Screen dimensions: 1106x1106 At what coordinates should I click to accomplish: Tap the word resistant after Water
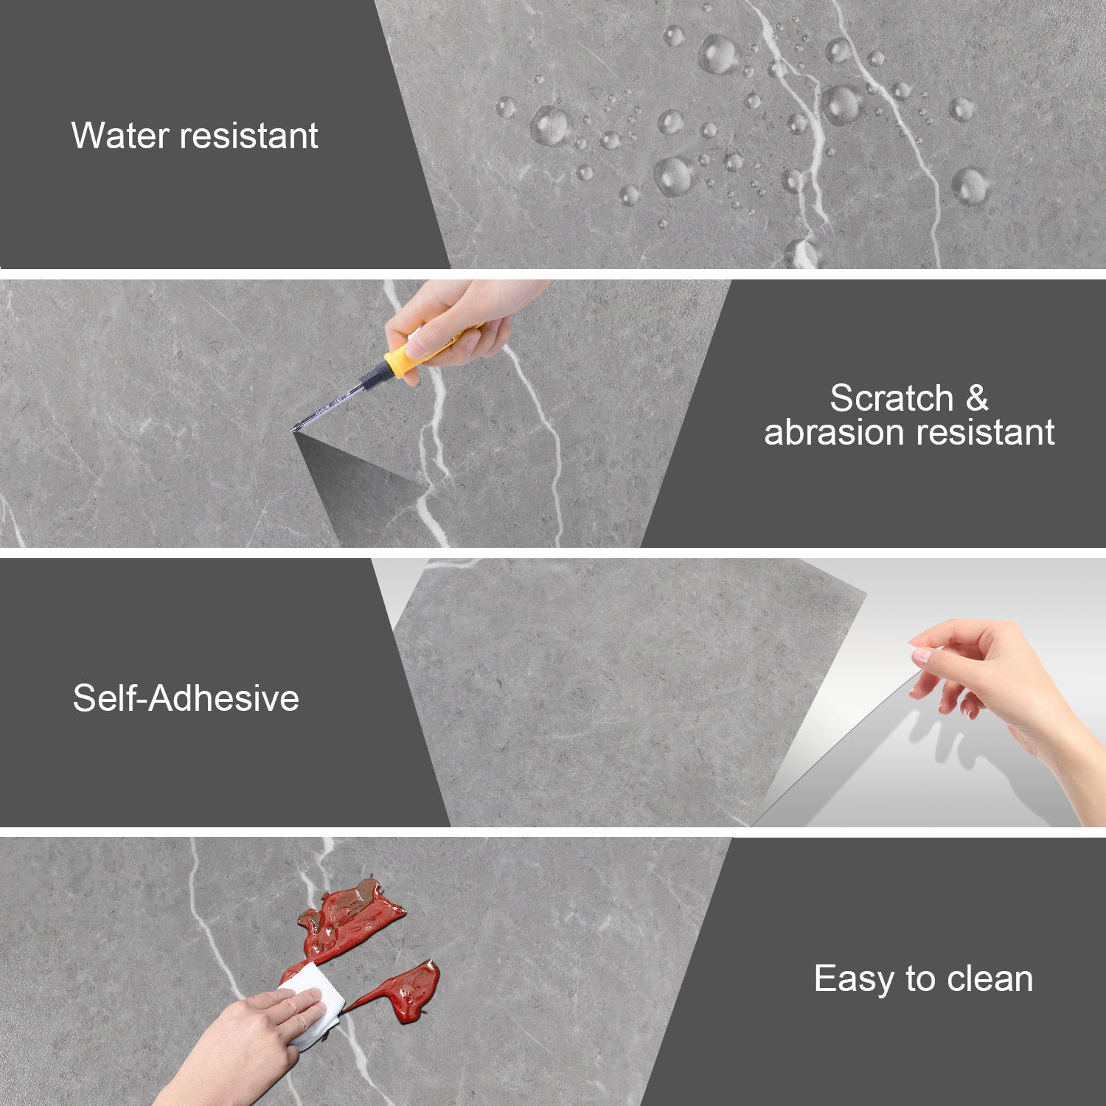[x=249, y=136]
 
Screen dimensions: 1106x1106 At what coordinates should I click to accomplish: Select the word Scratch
[x=892, y=398]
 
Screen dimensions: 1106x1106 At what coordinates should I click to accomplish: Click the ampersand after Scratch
[x=977, y=398]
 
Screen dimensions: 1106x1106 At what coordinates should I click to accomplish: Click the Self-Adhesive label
[x=186, y=698]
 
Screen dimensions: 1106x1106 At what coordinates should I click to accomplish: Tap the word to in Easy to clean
[x=921, y=980]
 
